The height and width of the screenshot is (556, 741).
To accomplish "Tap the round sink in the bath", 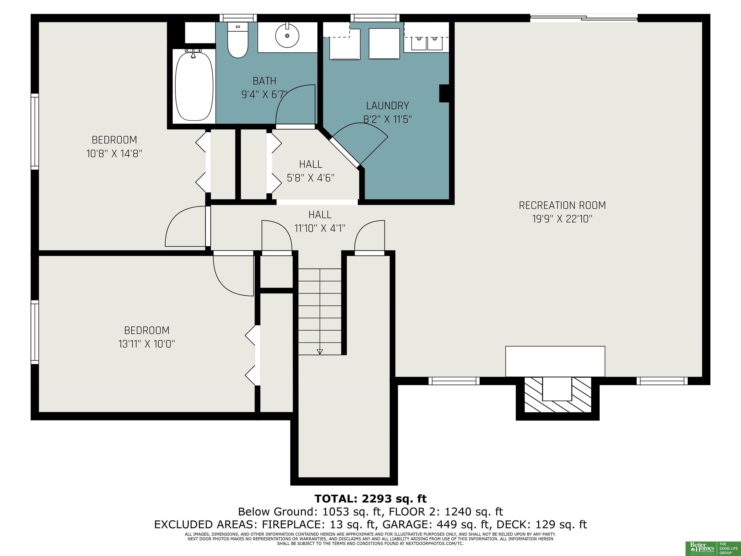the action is (x=287, y=35).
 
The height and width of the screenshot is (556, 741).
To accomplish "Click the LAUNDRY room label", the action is (x=388, y=105).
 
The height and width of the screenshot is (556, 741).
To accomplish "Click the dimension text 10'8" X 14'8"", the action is (x=114, y=153).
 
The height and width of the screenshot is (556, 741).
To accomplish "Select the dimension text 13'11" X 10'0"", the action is (x=147, y=344).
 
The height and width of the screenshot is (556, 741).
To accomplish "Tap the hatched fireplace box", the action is (x=557, y=395).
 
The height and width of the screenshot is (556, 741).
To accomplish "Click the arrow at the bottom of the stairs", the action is (x=320, y=352).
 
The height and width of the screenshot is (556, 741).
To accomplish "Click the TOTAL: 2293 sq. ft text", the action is (x=370, y=499).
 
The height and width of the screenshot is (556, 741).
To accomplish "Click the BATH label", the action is (x=264, y=81).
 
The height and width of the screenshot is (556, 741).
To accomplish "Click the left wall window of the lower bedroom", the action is (x=35, y=332).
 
